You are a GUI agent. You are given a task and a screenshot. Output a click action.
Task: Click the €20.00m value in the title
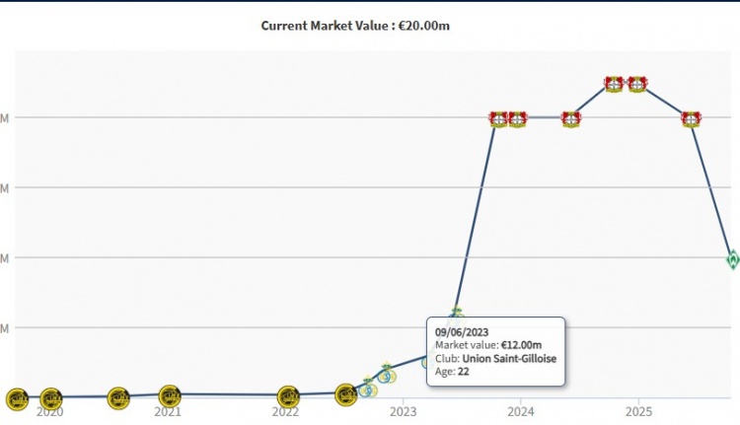click(424, 25)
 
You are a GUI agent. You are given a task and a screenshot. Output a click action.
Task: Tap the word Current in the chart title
click(284, 25)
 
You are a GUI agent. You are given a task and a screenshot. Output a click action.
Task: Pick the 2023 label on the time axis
click(404, 410)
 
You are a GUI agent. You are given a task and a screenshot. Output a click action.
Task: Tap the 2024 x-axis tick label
click(522, 410)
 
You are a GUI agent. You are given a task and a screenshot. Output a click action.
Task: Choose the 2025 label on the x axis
click(639, 410)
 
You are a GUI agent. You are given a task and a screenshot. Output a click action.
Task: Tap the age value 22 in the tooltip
click(464, 372)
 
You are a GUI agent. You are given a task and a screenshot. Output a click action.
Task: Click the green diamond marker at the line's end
click(733, 259)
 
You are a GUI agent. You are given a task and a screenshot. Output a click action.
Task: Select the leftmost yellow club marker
click(17, 398)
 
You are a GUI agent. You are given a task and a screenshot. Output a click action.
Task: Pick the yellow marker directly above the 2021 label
click(170, 396)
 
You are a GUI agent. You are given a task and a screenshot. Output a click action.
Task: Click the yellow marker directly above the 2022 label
click(288, 397)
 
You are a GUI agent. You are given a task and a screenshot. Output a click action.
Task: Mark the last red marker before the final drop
click(691, 119)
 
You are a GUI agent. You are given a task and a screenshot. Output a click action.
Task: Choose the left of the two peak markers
click(614, 85)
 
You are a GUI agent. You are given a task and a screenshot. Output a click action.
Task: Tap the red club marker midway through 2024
click(570, 119)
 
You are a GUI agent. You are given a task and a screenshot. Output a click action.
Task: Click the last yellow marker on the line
click(345, 395)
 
